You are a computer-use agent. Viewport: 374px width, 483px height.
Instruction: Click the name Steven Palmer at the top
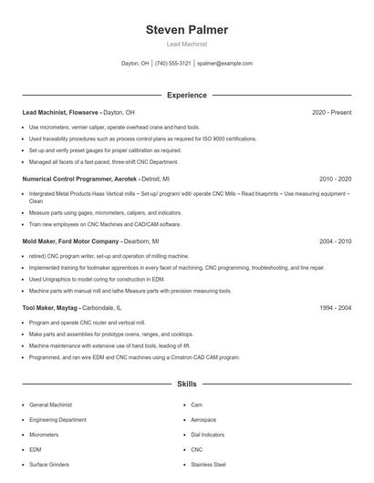coord(187,29)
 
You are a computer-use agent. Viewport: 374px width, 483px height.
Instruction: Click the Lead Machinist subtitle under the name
coord(187,44)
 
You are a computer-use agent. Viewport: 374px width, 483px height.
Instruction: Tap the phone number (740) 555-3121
coord(173,64)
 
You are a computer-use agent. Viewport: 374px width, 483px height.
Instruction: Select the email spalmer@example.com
coord(224,64)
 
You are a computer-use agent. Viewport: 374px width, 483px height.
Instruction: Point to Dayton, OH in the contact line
coord(135,64)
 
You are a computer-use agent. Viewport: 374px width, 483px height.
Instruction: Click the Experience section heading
coord(187,95)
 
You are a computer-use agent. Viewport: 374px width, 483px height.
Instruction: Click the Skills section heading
coord(187,385)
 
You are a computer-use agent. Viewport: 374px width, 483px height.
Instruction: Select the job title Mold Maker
coord(40,241)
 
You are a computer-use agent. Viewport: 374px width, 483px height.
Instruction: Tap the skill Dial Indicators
coord(209,434)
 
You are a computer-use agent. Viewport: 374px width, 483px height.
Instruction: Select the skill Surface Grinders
coord(50,465)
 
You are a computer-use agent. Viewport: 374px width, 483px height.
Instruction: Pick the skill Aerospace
coord(205,418)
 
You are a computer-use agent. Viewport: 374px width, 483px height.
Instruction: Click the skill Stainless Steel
coord(209,465)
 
